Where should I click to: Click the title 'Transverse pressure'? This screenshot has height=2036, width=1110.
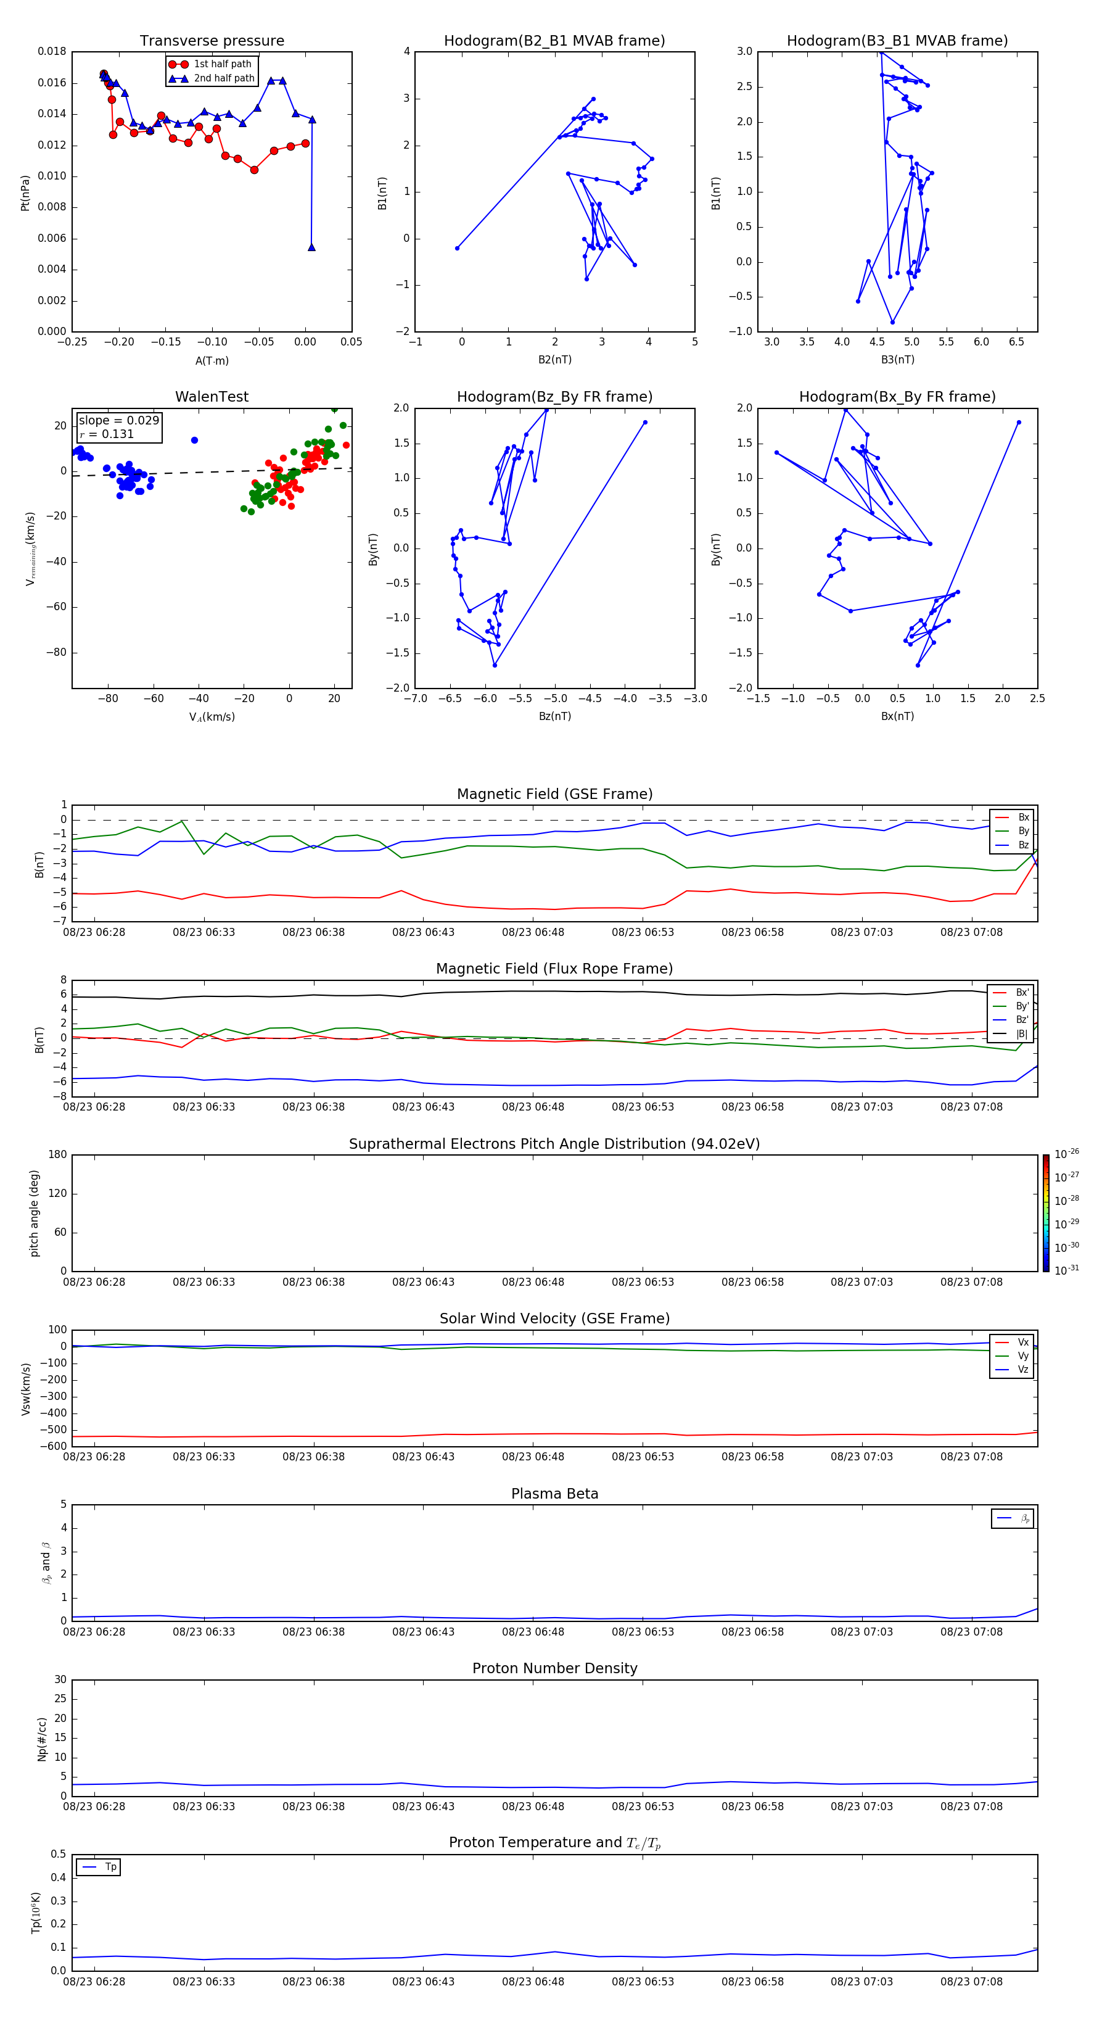(x=212, y=41)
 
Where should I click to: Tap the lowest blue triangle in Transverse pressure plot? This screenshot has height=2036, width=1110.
(x=311, y=247)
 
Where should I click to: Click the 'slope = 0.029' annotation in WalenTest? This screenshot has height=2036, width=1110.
(x=118, y=421)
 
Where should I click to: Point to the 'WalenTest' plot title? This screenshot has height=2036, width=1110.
(x=212, y=397)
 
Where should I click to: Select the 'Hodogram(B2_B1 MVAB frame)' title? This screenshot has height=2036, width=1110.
(x=554, y=41)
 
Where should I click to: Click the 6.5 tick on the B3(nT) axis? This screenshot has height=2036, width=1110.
(x=1016, y=342)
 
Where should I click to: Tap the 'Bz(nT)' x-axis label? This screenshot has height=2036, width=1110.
(x=554, y=716)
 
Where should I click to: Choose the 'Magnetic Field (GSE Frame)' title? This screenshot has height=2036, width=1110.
(x=554, y=794)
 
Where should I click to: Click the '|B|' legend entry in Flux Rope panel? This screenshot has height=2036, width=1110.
(x=1022, y=1034)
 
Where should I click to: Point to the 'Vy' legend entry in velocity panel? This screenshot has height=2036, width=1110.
(x=1022, y=1355)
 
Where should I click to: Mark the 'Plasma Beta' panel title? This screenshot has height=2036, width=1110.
(x=554, y=1494)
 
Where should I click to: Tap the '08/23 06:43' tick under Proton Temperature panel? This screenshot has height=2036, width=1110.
(x=424, y=1982)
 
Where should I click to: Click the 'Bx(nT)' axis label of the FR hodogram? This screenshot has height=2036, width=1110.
(x=897, y=716)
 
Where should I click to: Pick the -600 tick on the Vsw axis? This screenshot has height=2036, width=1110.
(x=54, y=1446)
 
